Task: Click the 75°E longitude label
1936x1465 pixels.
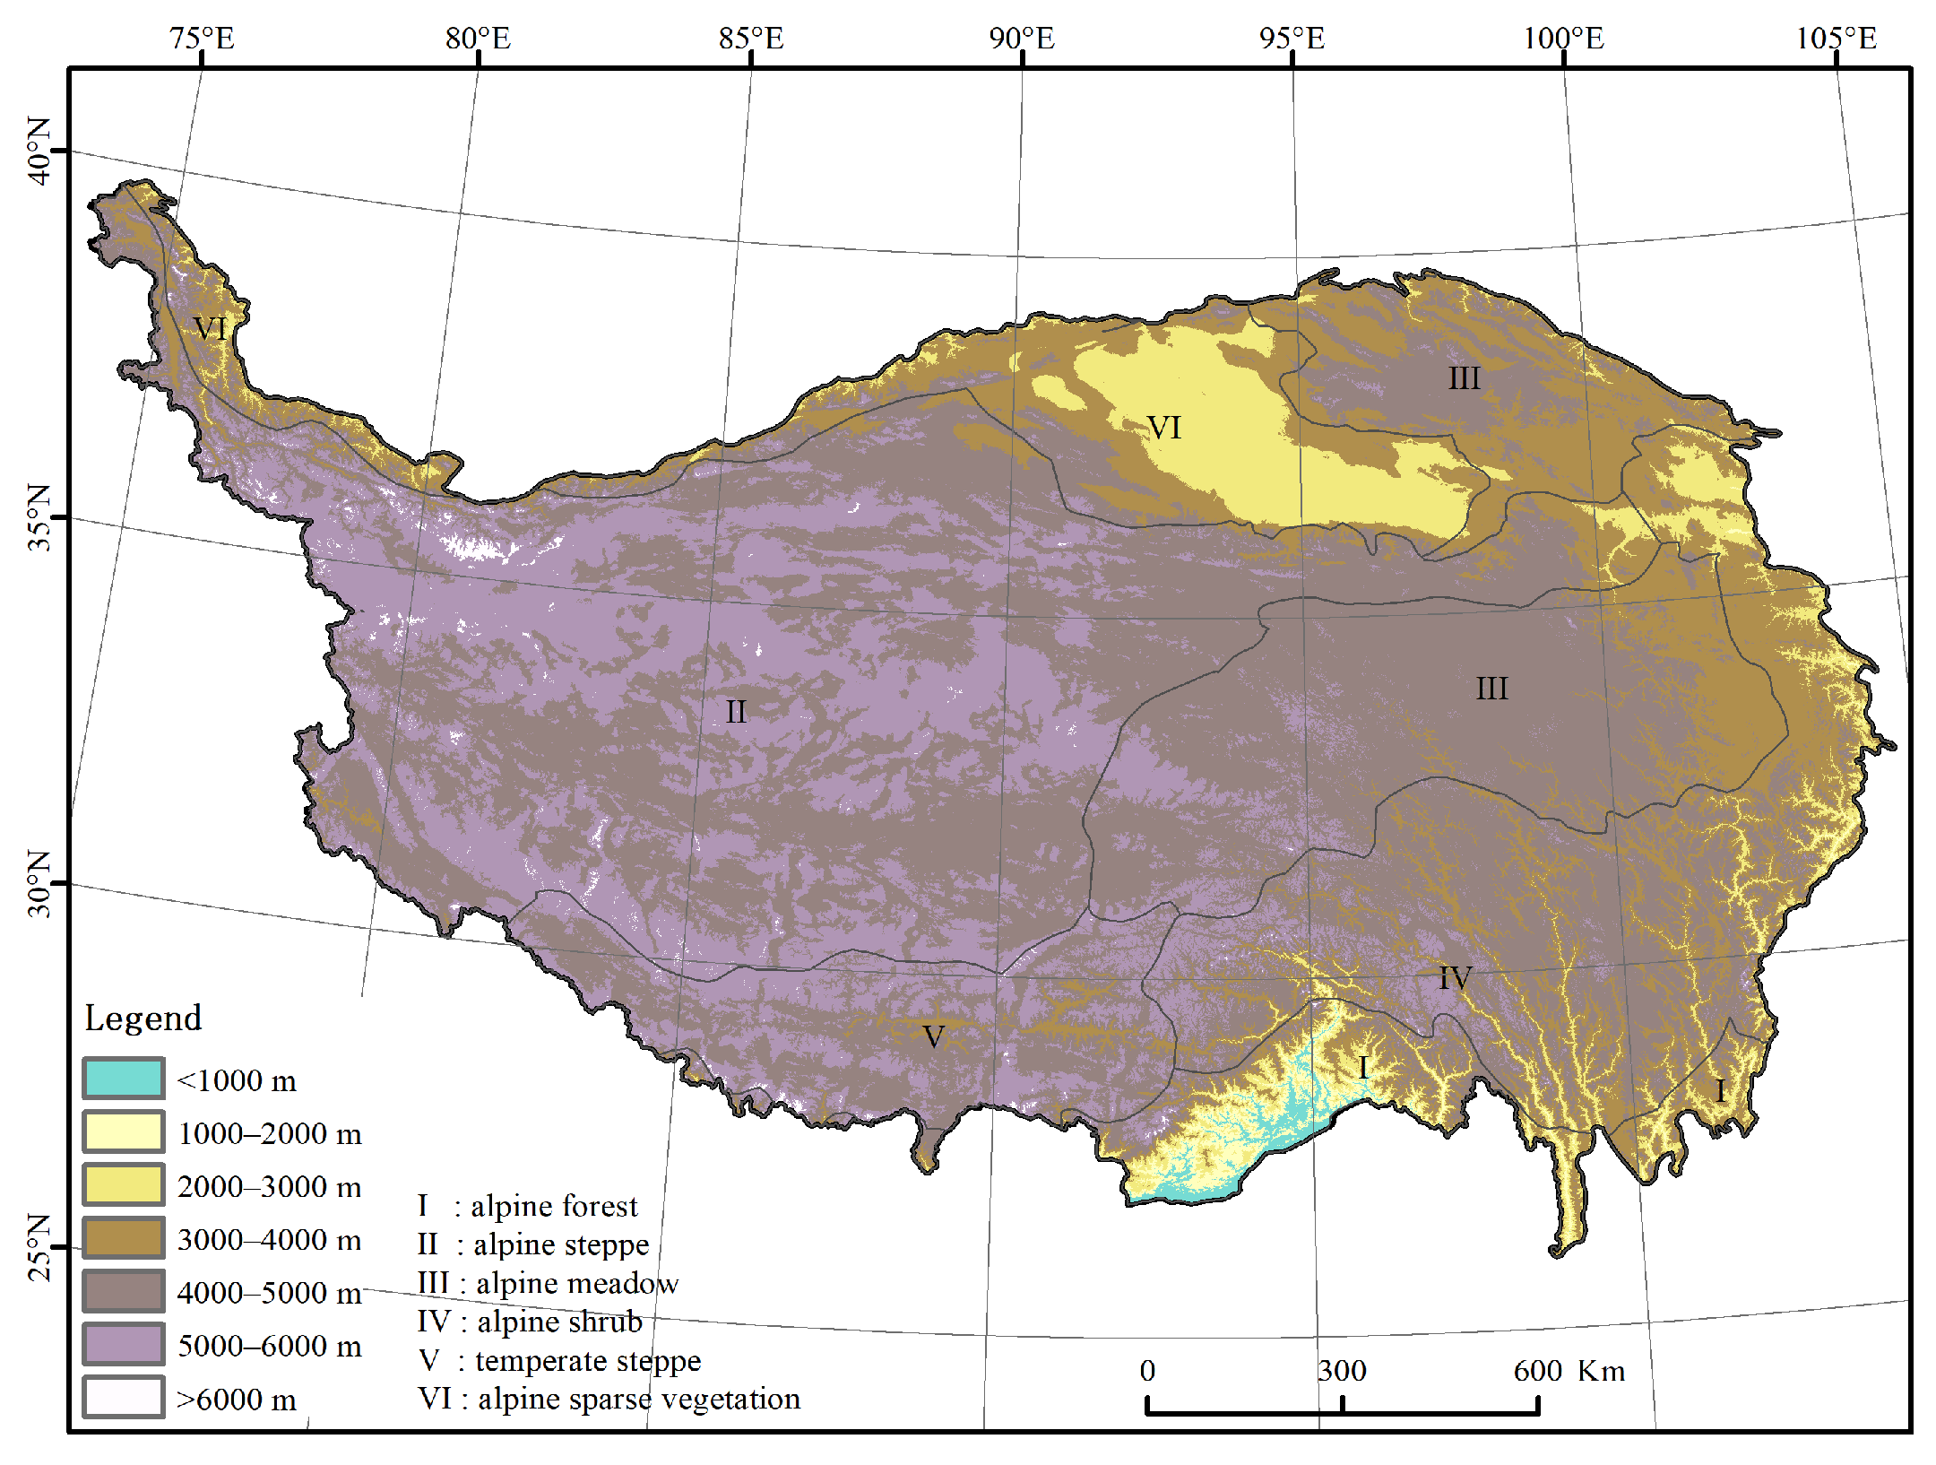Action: click(x=202, y=39)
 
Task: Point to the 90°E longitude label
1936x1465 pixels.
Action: click(x=1022, y=39)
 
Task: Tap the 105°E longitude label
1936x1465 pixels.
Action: click(x=1836, y=39)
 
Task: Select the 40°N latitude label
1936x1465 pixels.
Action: click(x=39, y=151)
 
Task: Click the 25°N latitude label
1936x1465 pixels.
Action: click(x=39, y=1247)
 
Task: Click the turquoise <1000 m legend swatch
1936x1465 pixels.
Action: click(x=124, y=1079)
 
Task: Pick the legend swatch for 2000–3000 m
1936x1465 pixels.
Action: click(x=124, y=1184)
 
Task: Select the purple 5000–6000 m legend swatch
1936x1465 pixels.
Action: click(x=124, y=1344)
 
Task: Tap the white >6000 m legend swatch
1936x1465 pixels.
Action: click(x=124, y=1397)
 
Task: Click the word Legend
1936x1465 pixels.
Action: click(x=143, y=1019)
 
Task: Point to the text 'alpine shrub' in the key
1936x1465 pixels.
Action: click(x=559, y=1322)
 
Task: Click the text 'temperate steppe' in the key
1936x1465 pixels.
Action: click(x=588, y=1360)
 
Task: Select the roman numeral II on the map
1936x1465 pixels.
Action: click(x=735, y=712)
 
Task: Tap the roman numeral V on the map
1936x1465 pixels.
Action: click(x=933, y=1036)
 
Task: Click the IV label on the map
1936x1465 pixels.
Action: click(x=1455, y=977)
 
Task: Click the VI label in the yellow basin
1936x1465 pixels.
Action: click(x=1164, y=427)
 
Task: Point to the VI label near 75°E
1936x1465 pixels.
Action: click(x=210, y=328)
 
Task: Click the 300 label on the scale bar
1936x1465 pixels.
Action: click(x=1342, y=1371)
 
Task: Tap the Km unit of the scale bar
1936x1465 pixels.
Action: click(x=1601, y=1371)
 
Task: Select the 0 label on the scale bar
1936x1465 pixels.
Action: click(x=1147, y=1371)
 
